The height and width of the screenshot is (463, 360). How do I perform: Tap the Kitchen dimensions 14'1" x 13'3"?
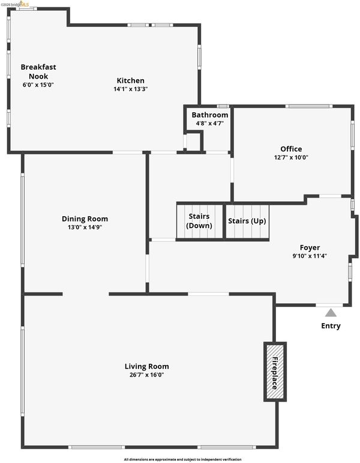click(x=130, y=89)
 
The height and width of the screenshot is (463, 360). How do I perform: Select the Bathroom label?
click(x=210, y=115)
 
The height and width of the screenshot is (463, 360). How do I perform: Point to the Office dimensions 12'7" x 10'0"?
click(x=291, y=157)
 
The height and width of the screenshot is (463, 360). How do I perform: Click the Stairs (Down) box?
click(x=199, y=222)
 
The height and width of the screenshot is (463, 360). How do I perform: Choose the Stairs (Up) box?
click(x=247, y=221)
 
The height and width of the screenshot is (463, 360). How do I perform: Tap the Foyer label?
click(x=310, y=247)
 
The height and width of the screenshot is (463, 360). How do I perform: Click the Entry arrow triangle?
click(x=331, y=312)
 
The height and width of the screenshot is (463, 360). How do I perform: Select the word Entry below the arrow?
click(x=331, y=326)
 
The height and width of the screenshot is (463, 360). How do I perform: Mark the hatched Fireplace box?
click(x=275, y=371)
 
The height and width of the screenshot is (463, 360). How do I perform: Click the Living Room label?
click(x=146, y=366)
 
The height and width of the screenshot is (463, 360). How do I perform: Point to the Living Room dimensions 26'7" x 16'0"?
click(x=146, y=375)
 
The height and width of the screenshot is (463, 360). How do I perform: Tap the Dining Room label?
click(x=85, y=219)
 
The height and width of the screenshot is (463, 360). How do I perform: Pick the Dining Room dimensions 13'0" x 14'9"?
click(x=85, y=228)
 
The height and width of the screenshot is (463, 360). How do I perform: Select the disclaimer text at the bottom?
click(x=183, y=459)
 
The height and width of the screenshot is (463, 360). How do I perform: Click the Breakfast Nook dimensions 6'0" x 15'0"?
click(x=38, y=85)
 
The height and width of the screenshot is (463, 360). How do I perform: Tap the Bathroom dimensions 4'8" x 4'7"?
click(x=210, y=123)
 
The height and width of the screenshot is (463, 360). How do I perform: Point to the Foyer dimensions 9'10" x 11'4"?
click(x=310, y=256)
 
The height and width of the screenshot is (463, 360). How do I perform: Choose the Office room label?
click(x=291, y=149)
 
